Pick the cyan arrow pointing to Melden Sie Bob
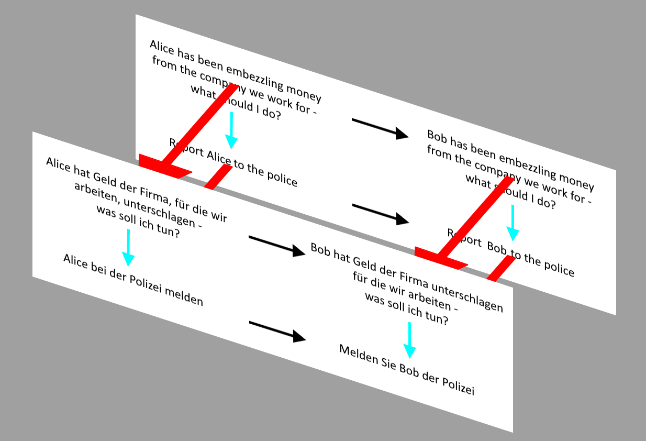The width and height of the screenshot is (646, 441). pos(410,340)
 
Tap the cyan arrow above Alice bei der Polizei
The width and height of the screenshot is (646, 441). pos(128,248)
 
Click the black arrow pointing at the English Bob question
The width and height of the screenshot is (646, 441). pos(380,129)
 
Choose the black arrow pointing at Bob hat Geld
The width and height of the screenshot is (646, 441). pos(276,246)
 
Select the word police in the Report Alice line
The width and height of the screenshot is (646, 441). pos(282,179)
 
